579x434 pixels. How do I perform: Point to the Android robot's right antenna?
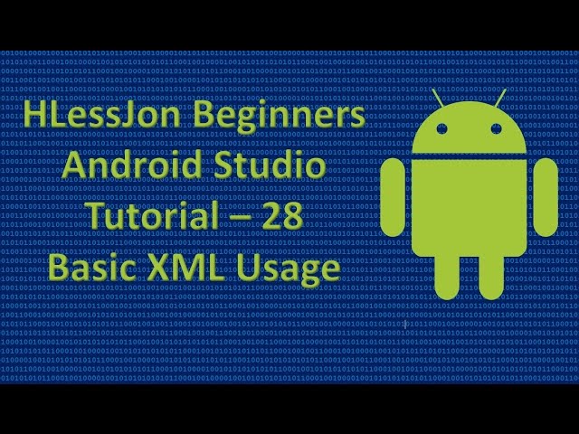(x=500, y=95)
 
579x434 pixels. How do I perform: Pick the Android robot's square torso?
(x=469, y=208)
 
